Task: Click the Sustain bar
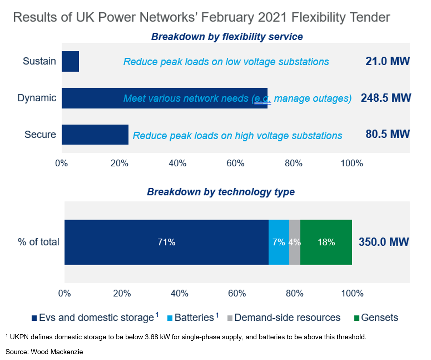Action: (70, 61)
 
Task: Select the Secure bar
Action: (95, 134)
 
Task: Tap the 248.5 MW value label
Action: (386, 98)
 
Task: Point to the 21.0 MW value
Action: (387, 61)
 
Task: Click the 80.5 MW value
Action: (387, 134)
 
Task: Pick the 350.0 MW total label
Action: (384, 242)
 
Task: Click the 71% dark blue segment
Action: (166, 242)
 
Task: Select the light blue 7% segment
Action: (279, 242)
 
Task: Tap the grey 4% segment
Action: (294, 242)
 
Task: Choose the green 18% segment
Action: (326, 242)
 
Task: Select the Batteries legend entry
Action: (194, 318)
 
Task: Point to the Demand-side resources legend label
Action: (287, 318)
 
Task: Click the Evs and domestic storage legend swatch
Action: (34, 318)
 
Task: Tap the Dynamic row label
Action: (37, 98)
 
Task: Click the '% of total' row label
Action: (38, 242)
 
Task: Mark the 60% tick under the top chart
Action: (235, 163)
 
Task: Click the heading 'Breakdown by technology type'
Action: (220, 192)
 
